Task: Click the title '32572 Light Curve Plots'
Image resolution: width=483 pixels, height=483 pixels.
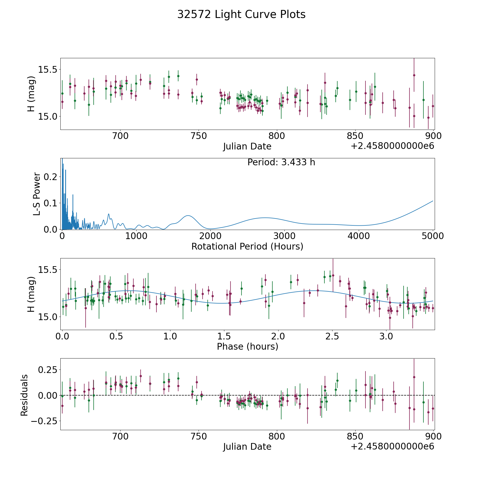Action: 241,14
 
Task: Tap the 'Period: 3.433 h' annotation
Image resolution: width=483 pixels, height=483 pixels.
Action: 281,162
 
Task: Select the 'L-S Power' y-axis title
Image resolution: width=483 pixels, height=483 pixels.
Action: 37,194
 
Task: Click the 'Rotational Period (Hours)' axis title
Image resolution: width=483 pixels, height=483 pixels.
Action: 247,246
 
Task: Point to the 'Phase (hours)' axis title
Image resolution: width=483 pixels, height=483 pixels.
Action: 247,346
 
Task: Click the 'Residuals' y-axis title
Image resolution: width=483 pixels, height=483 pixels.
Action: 24,395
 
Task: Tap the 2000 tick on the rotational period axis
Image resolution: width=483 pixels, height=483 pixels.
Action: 210,236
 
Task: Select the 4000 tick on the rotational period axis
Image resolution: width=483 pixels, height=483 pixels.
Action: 359,236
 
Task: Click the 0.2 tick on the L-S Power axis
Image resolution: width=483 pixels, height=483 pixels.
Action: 51,177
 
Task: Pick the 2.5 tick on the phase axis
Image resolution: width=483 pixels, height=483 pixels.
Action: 332,336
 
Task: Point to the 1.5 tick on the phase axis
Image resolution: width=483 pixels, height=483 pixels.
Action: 224,336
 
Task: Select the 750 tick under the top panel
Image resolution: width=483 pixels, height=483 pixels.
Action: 198,136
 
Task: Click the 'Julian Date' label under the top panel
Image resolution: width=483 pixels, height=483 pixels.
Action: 247,147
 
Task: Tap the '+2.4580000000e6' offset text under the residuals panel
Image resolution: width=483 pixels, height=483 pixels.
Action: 392,446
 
